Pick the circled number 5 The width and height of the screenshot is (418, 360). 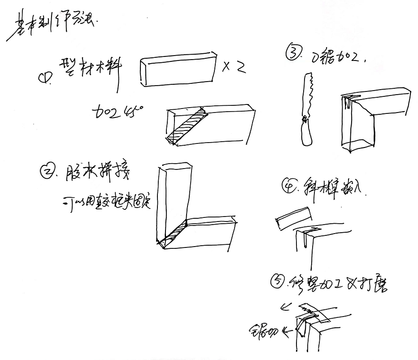coord(278,282)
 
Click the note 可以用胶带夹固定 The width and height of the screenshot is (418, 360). coord(106,201)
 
